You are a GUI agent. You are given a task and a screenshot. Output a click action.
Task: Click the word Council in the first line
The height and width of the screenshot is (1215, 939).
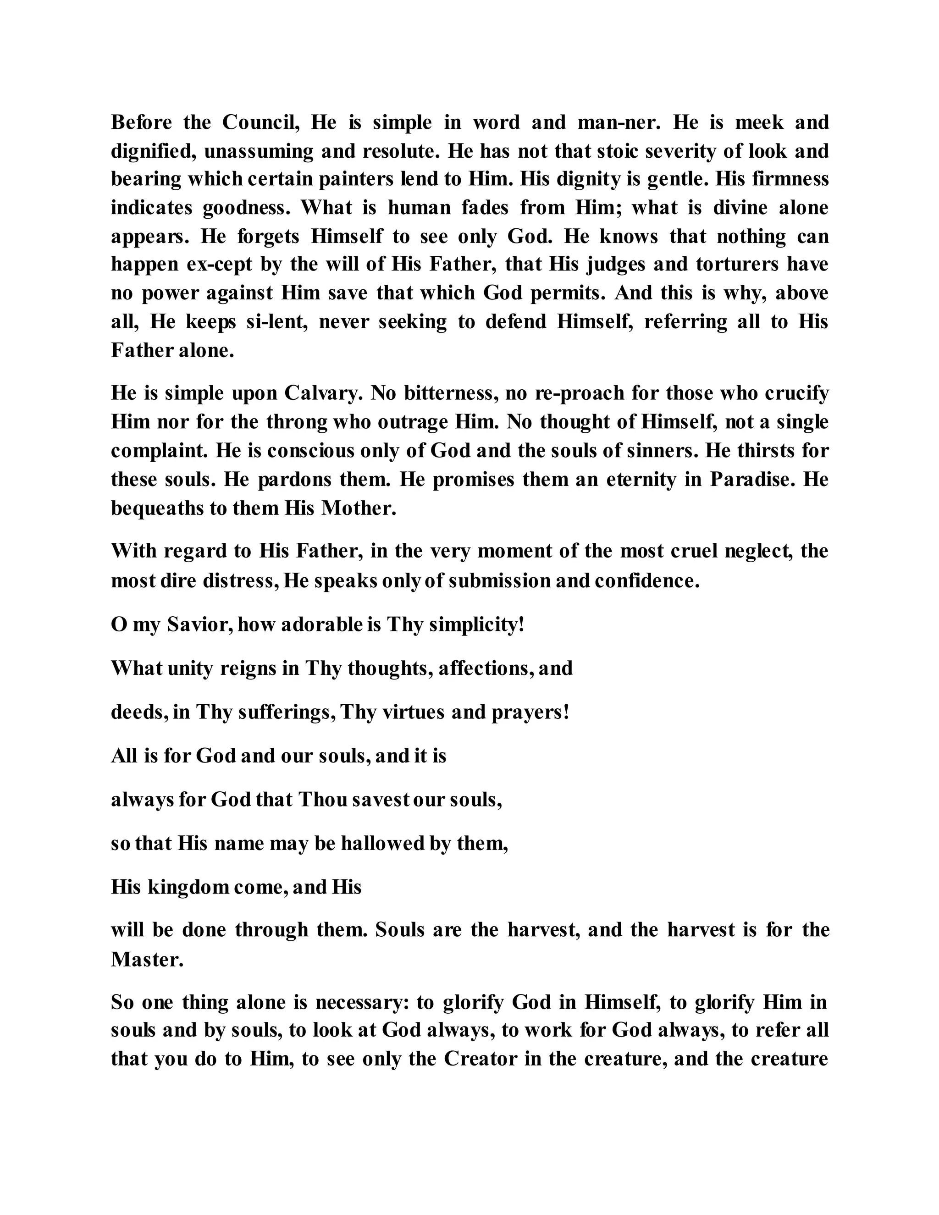pos(261,122)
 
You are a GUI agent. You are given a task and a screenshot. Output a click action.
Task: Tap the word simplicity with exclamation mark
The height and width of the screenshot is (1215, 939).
pos(477,625)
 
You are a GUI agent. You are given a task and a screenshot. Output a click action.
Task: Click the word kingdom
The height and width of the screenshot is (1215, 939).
pos(188,887)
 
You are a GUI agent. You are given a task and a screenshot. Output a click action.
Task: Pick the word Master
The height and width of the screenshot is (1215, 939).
pos(146,959)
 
